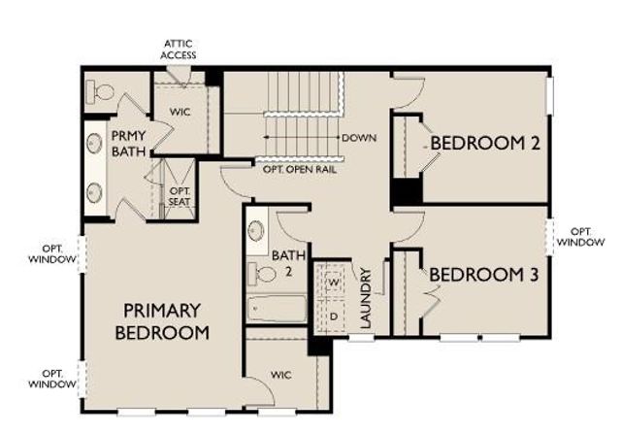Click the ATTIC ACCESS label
click(179, 50)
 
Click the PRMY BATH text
click(128, 144)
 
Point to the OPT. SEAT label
click(180, 196)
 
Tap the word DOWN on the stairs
click(357, 138)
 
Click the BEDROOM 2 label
click(484, 144)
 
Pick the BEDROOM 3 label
click(482, 275)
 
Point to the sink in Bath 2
click(257, 231)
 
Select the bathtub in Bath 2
click(277, 310)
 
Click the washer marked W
click(334, 282)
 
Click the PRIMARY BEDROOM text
click(163, 321)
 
